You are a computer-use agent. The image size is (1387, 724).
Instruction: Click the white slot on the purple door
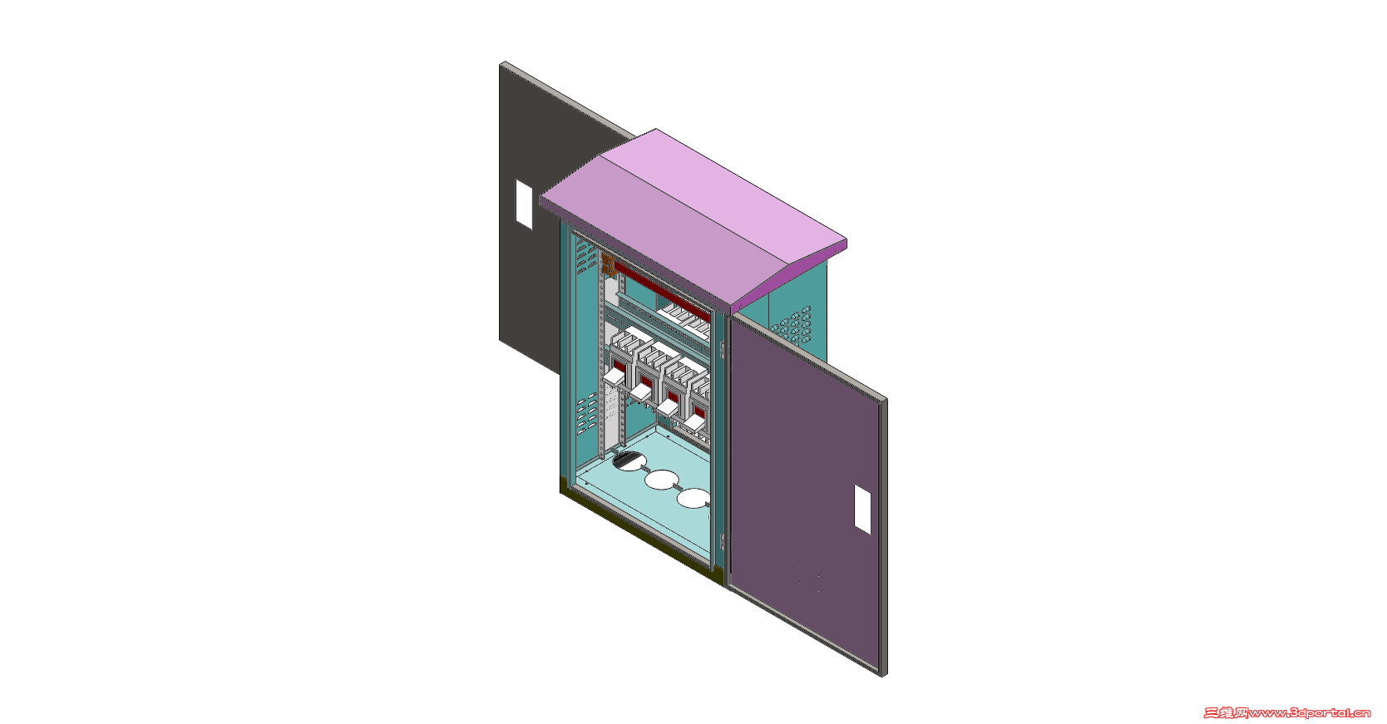[x=862, y=510]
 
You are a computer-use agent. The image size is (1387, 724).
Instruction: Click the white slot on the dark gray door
[x=524, y=204]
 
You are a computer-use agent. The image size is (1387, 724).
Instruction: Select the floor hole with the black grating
[x=627, y=461]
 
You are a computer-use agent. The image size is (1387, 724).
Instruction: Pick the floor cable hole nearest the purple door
[x=693, y=498]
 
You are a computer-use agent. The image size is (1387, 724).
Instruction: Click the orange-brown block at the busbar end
[x=608, y=265]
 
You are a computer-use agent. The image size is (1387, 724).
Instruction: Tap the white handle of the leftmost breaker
[x=615, y=376]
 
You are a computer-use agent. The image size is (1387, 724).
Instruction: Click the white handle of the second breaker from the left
[x=641, y=392]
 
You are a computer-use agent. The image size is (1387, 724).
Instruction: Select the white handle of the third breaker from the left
[x=668, y=407]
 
